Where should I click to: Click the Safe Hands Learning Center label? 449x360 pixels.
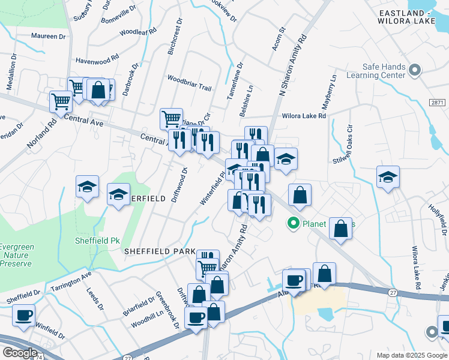[384, 71]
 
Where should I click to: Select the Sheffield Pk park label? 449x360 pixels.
[97, 240]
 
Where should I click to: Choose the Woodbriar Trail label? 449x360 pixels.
[189, 83]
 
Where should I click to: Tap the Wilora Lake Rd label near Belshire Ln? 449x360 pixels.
[304, 116]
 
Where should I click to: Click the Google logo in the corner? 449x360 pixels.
[20, 352]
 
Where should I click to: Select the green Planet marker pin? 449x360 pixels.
[294, 224]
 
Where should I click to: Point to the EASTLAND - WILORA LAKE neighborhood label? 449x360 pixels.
[415, 17]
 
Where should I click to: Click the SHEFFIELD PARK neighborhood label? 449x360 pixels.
[159, 251]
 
